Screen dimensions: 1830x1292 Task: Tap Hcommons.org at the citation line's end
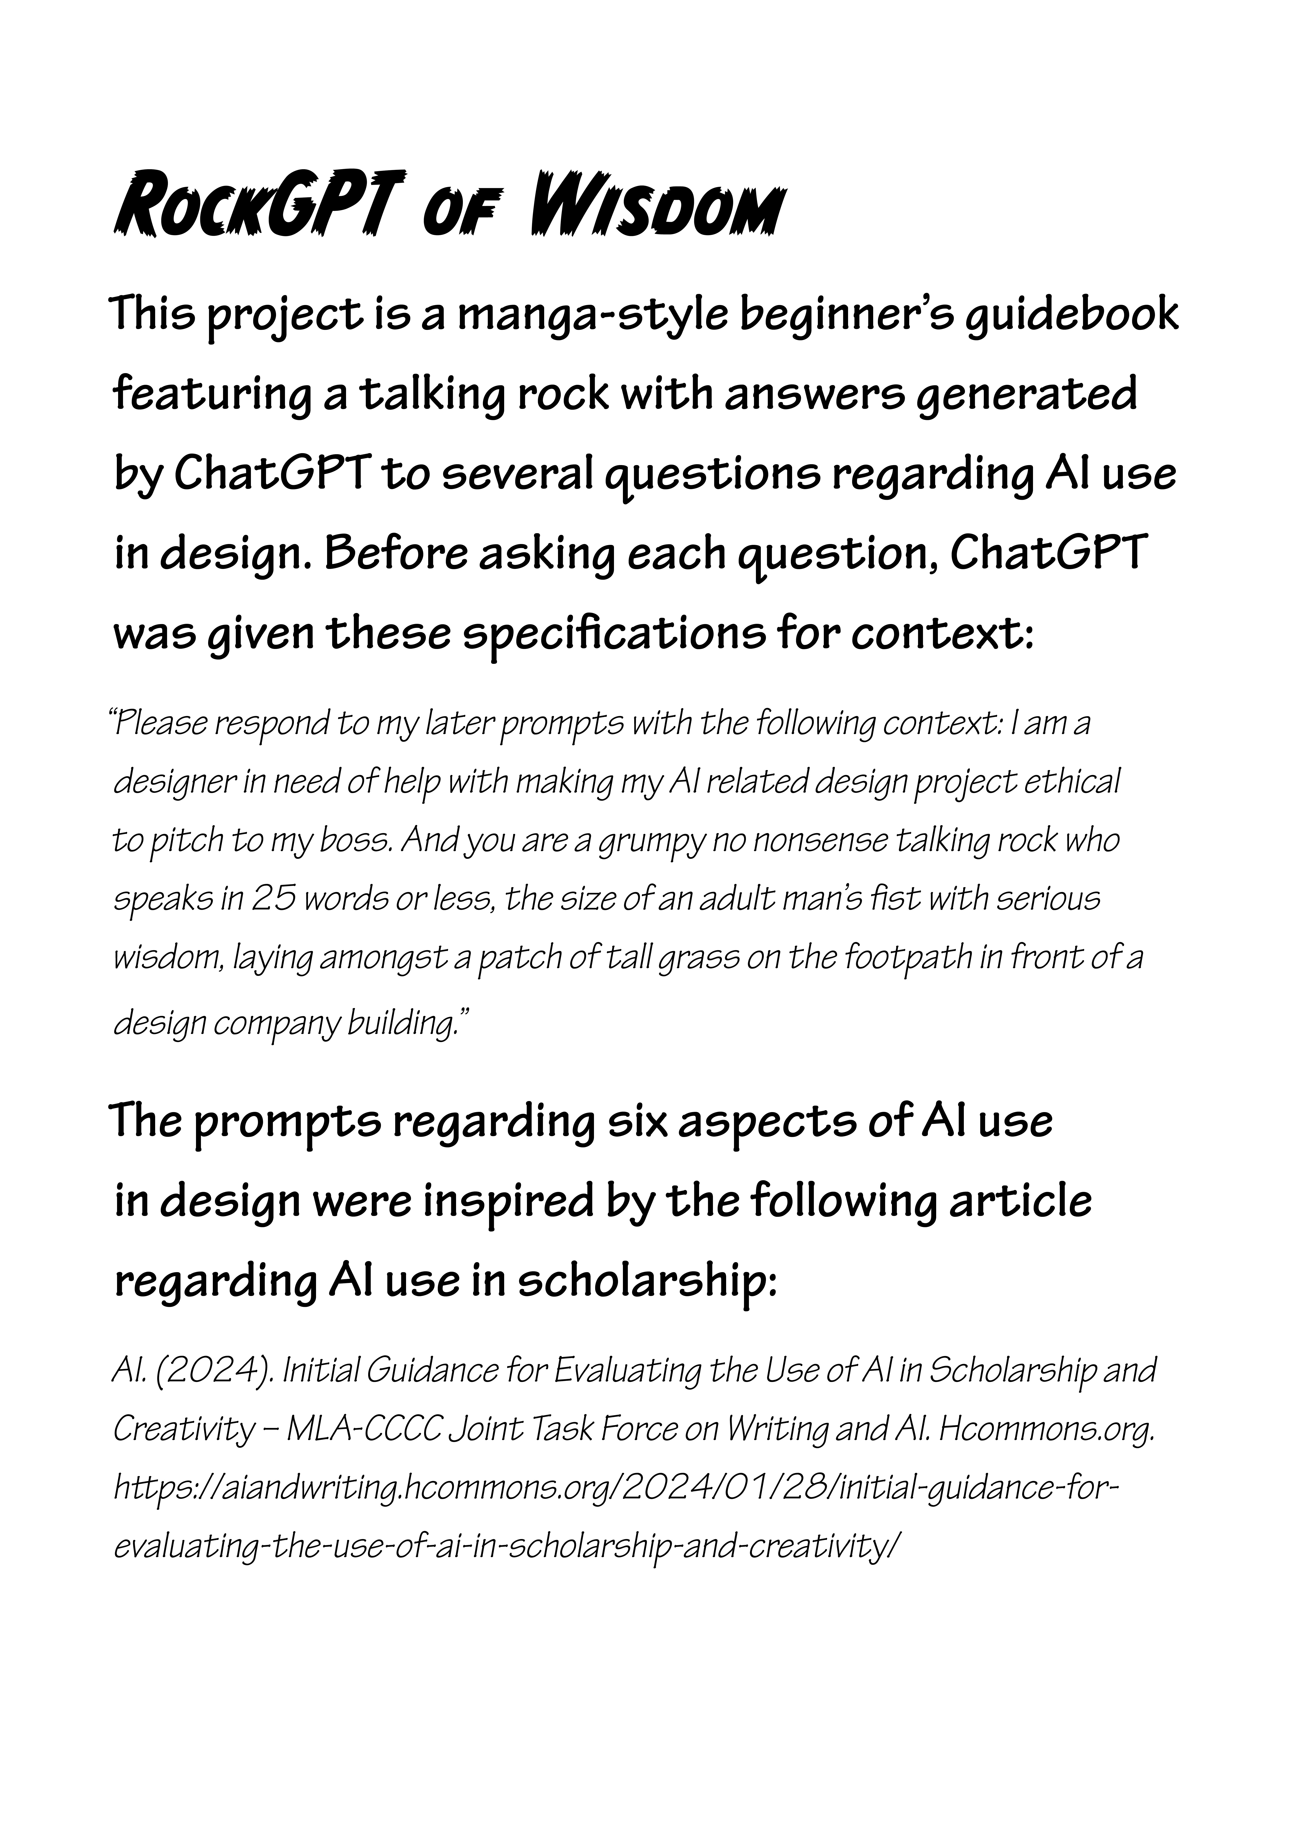pyautogui.click(x=1046, y=1429)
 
